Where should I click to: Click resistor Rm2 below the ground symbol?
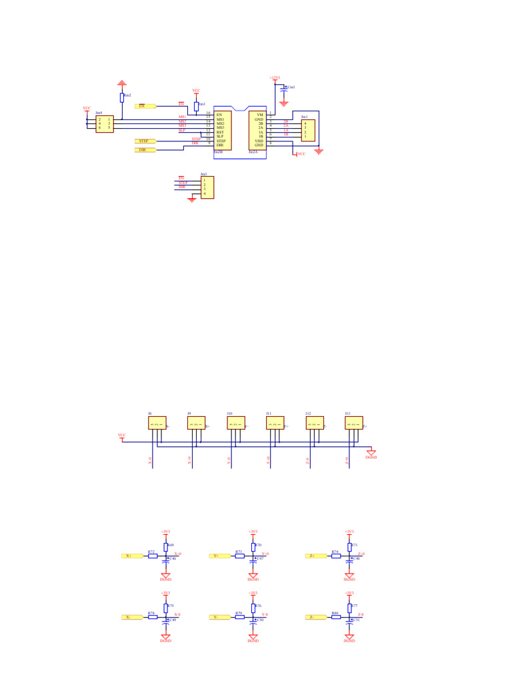click(122, 97)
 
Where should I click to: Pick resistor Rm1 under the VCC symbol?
click(196, 107)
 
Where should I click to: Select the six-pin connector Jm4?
click(105, 124)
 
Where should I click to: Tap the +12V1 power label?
click(275, 78)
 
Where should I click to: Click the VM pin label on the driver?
click(260, 115)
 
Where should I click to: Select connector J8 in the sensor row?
click(157, 423)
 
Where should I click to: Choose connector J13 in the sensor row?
click(354, 423)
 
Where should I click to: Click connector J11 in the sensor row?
click(275, 423)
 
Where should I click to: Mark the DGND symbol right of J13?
click(371, 454)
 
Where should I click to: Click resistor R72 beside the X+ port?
click(153, 556)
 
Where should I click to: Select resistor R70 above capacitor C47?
click(253, 546)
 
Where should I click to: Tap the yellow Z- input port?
click(314, 617)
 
